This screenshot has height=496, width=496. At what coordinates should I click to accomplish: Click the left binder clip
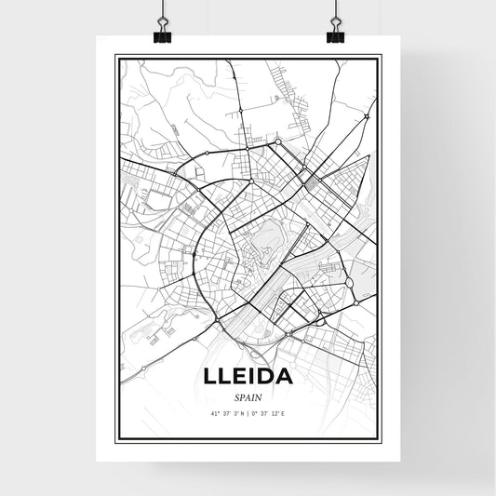pyautogui.click(x=162, y=34)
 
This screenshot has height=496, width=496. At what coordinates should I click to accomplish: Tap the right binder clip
pyautogui.click(x=335, y=34)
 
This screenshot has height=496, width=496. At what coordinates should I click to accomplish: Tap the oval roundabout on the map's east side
pyautogui.click(x=350, y=282)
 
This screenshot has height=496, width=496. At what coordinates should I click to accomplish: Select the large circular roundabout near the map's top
pyautogui.click(x=278, y=141)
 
